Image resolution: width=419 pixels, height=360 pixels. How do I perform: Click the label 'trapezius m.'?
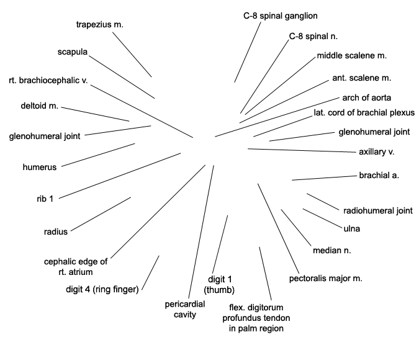tap(100, 25)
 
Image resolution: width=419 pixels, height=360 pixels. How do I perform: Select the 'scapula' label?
tap(73, 52)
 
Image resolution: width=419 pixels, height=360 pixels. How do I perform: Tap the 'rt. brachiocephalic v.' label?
tap(48, 81)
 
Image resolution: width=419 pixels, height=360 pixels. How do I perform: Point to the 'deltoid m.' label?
tap(39, 106)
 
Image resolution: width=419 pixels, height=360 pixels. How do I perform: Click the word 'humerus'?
tap(40, 168)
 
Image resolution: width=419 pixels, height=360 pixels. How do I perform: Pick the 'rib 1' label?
tap(45, 199)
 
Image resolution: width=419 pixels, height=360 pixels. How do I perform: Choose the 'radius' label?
tap(56, 232)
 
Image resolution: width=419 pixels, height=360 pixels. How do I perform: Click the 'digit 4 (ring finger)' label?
tap(102, 289)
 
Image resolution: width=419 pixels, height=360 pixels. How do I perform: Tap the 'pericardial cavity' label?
tap(184, 309)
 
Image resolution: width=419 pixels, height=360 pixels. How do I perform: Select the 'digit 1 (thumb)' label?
tap(219, 285)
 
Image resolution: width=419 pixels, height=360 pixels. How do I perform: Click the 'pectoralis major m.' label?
tap(325, 279)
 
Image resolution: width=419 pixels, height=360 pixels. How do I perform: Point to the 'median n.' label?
tap(331, 250)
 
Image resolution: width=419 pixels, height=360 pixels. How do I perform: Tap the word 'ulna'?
tap(352, 229)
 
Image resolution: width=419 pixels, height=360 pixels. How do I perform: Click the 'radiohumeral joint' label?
tap(378, 211)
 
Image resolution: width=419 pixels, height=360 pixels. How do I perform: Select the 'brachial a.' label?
tap(379, 175)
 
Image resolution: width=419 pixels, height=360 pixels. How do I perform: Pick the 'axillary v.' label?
tap(377, 152)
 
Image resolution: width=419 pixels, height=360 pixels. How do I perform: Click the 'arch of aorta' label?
tap(367, 98)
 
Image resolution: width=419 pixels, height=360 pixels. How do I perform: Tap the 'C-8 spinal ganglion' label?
tap(281, 16)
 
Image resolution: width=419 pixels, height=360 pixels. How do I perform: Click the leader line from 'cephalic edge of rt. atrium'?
tap(158, 212)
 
